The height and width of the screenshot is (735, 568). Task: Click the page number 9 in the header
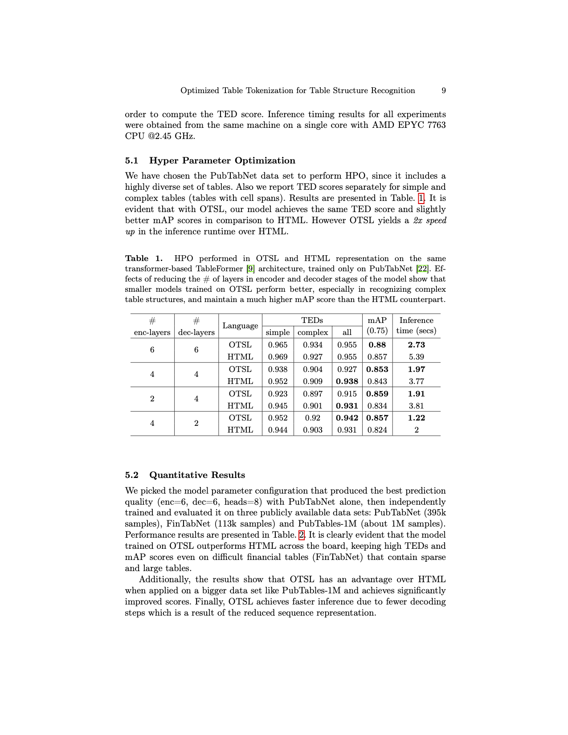click(x=443, y=90)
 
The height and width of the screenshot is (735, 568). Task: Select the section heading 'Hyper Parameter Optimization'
click(x=222, y=160)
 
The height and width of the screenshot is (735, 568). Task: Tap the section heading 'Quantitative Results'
click(x=197, y=475)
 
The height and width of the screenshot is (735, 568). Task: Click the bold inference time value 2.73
click(x=416, y=345)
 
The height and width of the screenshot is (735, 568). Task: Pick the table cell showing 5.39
click(x=416, y=357)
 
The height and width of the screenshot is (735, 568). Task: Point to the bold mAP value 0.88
click(x=377, y=345)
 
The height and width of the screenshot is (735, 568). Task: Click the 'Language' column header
click(x=240, y=326)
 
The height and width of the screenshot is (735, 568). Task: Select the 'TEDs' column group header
click(x=312, y=320)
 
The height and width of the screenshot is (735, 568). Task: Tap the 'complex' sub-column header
click(x=312, y=332)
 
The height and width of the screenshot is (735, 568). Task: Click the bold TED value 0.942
click(x=347, y=418)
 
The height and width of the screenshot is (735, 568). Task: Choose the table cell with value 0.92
click(x=312, y=418)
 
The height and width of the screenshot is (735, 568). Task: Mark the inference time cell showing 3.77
click(x=416, y=381)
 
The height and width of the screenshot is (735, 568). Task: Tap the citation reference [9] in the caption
click(x=250, y=269)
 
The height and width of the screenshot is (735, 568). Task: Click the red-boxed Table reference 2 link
click(x=302, y=535)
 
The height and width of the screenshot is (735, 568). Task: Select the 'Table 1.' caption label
click(x=143, y=258)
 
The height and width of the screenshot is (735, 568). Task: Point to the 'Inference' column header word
click(x=416, y=320)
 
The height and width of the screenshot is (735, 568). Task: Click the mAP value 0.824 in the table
click(x=377, y=430)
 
